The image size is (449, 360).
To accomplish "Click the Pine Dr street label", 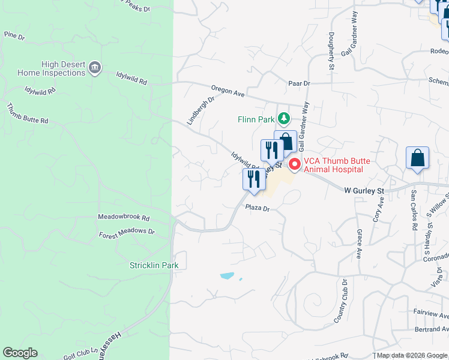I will pos(14,37).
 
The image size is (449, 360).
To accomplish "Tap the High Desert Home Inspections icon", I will pos(94,68).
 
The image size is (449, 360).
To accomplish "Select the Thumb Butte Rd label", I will pos(27,113).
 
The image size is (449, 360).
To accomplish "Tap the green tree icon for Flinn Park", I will pos(286,119).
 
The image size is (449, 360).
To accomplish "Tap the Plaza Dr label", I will pos(258,208).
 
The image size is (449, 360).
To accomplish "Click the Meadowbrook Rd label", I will pos(124,218).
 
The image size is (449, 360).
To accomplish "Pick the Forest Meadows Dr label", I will pos(127,231).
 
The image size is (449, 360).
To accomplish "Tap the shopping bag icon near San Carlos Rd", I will pos(417,158).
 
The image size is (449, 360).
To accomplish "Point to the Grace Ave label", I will pos(359,242).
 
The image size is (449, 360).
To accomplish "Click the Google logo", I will pos(20,352).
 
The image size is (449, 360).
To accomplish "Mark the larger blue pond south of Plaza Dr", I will pos(227,276).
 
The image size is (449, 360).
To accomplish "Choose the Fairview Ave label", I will pos(431,313).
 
